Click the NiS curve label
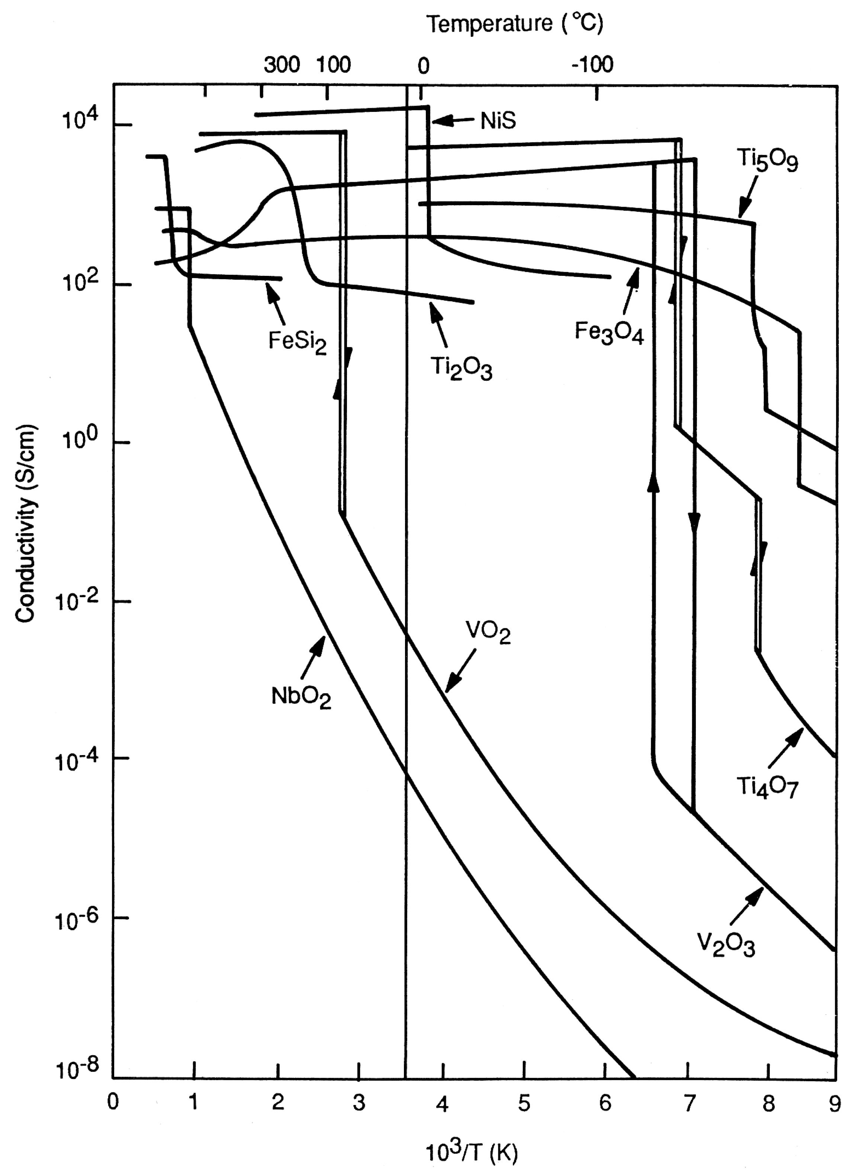pos(498,120)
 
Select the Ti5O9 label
pos(767,160)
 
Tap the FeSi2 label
pos(297,342)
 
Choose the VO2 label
pos(488,632)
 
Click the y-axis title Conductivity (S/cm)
pos(25,523)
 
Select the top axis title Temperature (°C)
pos(515,24)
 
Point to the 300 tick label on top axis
pos(282,65)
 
